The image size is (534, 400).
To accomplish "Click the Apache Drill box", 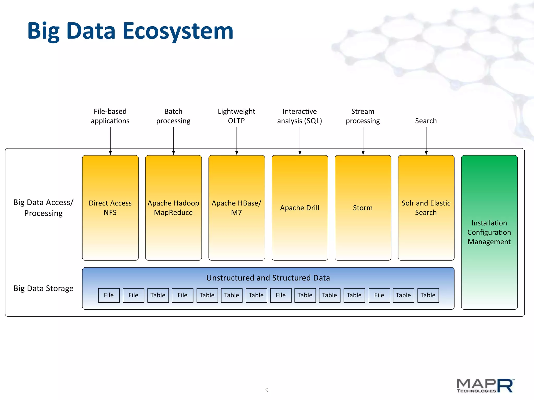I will coord(300,208).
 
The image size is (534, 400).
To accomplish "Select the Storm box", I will coord(363,208).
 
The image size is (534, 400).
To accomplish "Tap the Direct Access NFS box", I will coord(110,208).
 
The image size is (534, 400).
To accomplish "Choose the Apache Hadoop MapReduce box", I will coord(173,208).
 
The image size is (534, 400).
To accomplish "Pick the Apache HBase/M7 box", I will coord(236,208).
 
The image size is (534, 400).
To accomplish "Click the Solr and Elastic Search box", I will coord(426,208).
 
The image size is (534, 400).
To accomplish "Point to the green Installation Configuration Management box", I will coord(489,232).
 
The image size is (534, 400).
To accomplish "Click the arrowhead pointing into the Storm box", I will coord(363,153).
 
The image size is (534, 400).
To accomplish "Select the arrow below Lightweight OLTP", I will coord(237,141).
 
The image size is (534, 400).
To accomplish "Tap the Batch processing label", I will coord(173,116).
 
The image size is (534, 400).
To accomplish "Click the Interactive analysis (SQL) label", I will coord(300,116).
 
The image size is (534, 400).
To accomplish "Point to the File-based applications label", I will coord(110,116).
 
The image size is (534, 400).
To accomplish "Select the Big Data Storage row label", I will coord(44,289).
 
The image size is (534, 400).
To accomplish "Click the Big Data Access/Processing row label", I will coord(44,208).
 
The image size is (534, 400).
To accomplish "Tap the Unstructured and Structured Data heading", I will coord(268,278).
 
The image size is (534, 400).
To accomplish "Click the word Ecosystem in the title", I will coord(178,31).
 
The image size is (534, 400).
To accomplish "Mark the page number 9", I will coord(267,390).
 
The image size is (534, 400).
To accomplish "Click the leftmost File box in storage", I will coord(109,295).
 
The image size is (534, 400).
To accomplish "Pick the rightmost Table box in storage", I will coord(428,295).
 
